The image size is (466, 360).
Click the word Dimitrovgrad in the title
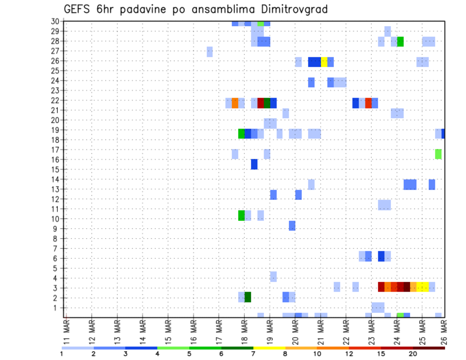click(x=294, y=9)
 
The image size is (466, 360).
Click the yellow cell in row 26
click(x=324, y=62)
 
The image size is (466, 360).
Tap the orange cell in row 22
click(x=235, y=103)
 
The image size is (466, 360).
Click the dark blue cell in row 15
click(x=254, y=164)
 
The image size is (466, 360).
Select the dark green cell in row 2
click(x=248, y=297)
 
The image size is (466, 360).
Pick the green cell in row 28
click(x=400, y=42)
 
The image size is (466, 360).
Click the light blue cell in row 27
click(x=210, y=51)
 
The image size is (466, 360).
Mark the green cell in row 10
click(x=241, y=215)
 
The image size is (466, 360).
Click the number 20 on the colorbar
click(x=413, y=354)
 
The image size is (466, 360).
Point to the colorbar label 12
click(x=349, y=354)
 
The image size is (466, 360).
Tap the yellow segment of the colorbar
click(x=269, y=348)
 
